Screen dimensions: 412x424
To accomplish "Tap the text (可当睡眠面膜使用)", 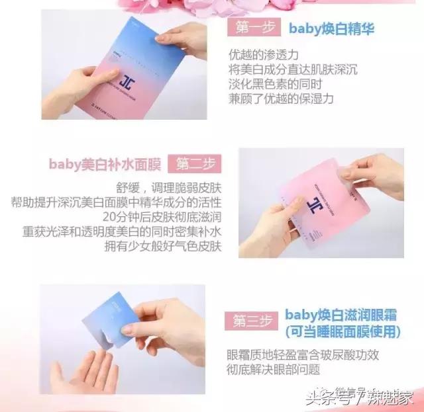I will point(343,330).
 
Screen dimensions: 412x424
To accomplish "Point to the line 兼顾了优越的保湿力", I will point(284,98).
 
